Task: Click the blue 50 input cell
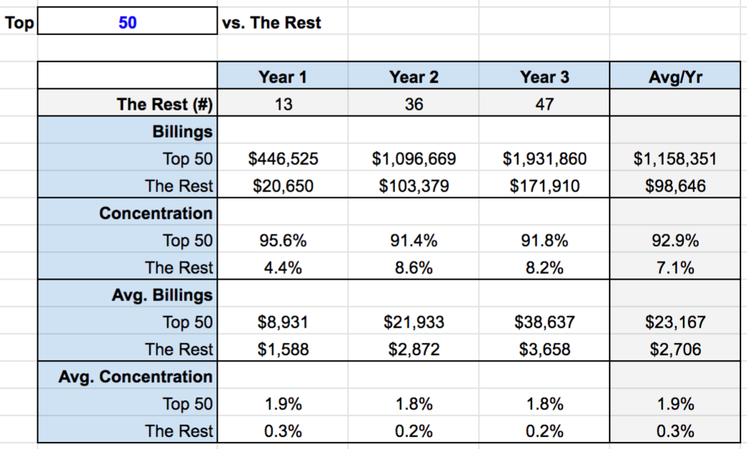point(127,22)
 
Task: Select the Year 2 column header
point(414,77)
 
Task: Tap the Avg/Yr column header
point(674,77)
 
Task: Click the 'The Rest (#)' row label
point(164,104)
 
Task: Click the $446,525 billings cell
point(283,159)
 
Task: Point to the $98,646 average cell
point(674,186)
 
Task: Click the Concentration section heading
point(156,213)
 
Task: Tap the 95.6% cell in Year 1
point(283,240)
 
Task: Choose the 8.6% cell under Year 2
point(414,268)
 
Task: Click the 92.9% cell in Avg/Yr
point(674,240)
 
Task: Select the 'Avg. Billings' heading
point(162,295)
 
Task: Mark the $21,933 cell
point(414,322)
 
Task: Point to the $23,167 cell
point(674,322)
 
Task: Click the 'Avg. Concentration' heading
point(136,377)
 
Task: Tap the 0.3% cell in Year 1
point(283,431)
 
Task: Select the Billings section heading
point(182,131)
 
